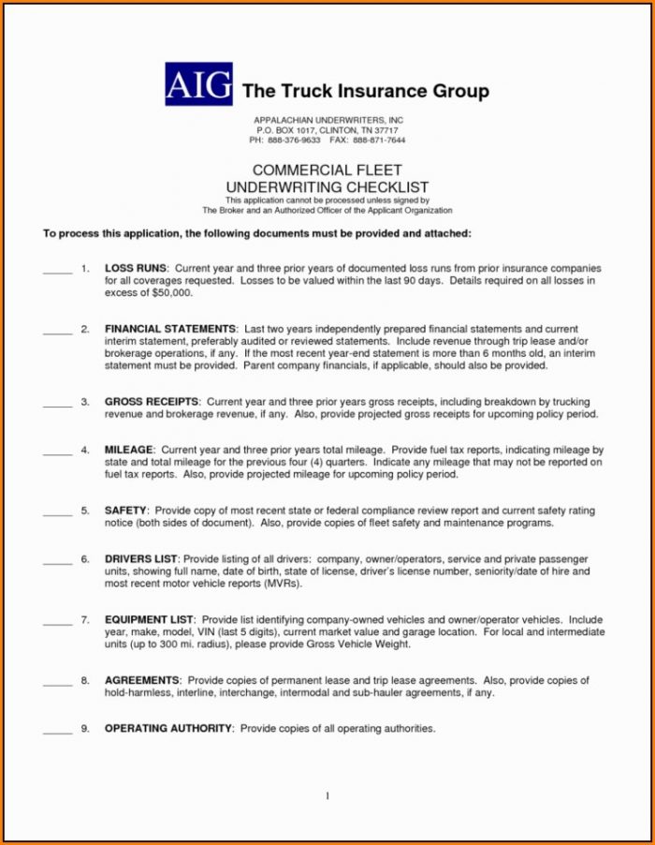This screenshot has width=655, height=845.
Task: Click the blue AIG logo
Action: tap(198, 84)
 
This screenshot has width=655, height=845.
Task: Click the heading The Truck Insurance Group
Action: tap(366, 91)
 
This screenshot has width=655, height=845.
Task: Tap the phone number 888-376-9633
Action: tap(294, 140)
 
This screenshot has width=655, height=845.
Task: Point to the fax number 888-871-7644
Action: tap(379, 140)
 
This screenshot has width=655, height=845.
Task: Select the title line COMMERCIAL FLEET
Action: tap(327, 170)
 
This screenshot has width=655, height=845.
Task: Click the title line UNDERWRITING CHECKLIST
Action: tap(327, 187)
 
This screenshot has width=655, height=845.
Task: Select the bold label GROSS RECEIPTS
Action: tap(152, 402)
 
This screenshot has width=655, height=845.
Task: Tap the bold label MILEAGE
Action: tap(128, 451)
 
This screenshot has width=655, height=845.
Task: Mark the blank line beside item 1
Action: tap(57, 272)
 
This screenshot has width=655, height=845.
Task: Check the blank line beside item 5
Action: tap(57, 513)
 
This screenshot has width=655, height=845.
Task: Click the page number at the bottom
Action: tap(327, 796)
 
